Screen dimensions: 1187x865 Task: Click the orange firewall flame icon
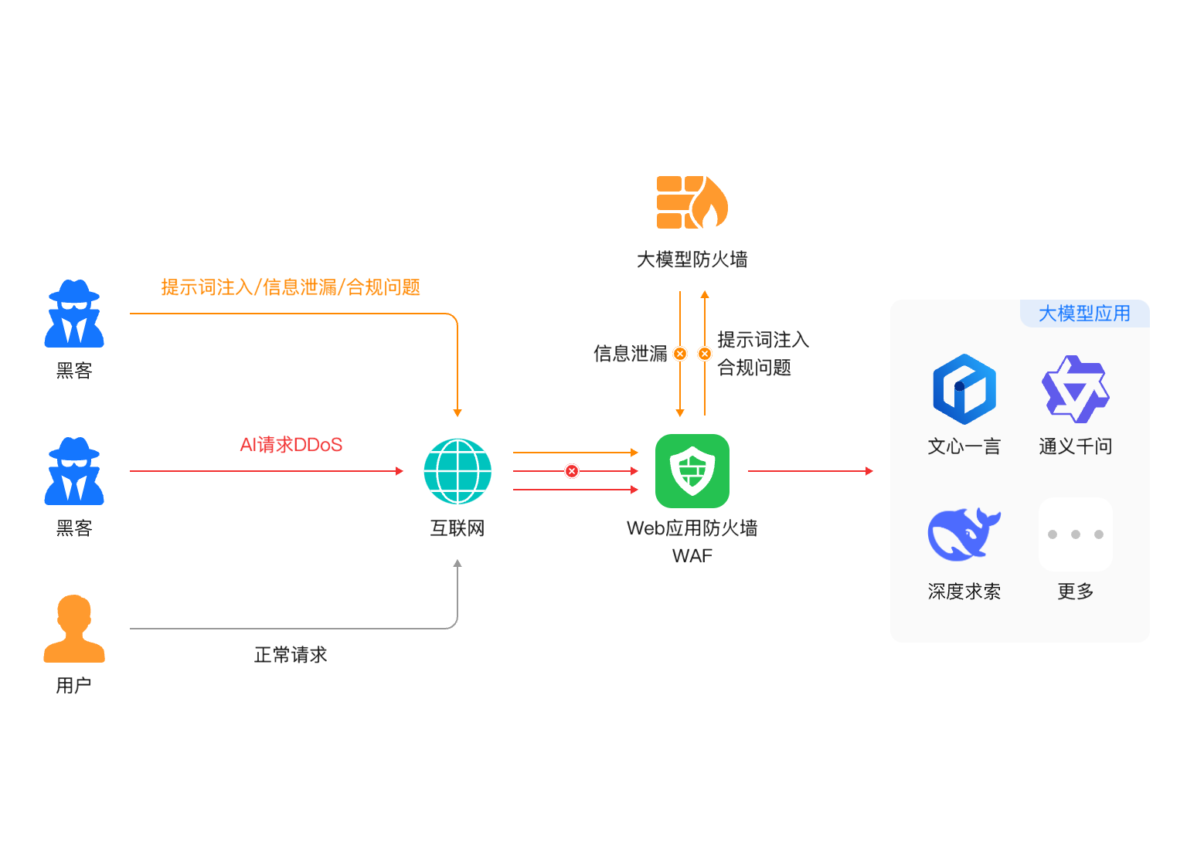click(x=692, y=202)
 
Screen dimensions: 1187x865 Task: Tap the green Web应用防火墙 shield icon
click(x=692, y=471)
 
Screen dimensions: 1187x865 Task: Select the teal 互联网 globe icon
click(x=457, y=471)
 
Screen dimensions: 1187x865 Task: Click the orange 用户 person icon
click(x=74, y=628)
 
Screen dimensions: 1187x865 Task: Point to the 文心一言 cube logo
click(x=964, y=388)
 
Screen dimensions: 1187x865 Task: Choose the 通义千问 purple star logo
click(x=1075, y=388)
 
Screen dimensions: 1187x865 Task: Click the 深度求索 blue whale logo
click(x=964, y=534)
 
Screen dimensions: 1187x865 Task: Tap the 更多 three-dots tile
click(x=1075, y=534)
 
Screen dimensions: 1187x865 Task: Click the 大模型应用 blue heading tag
click(x=1084, y=313)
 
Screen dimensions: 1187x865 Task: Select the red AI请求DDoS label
click(x=291, y=444)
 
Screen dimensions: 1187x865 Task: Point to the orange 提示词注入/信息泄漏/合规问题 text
click(x=291, y=287)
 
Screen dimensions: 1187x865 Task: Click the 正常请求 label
click(x=291, y=655)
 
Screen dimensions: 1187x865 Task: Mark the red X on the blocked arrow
click(x=571, y=471)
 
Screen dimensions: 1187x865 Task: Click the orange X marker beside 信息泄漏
click(x=680, y=353)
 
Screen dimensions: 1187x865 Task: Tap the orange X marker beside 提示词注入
click(x=704, y=353)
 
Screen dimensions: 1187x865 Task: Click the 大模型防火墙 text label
click(x=692, y=259)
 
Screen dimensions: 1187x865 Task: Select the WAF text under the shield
click(x=692, y=555)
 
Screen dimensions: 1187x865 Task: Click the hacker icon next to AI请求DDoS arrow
click(x=74, y=471)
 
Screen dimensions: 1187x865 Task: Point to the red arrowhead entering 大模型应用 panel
click(x=869, y=471)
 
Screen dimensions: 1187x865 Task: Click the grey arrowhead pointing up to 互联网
click(x=457, y=564)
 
